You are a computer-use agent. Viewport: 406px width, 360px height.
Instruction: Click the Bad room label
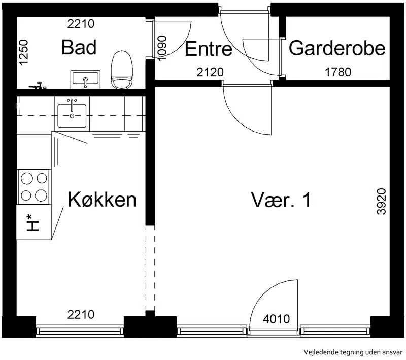tap(79, 47)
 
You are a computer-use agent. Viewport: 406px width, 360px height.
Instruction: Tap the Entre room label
tap(209, 49)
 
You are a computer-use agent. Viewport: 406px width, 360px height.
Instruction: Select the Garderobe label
tap(337, 48)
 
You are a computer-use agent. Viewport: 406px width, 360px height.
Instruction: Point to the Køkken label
tap(102, 200)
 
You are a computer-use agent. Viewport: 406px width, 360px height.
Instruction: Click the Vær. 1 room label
tap(281, 200)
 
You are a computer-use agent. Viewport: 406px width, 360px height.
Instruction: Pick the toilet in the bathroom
tap(122, 70)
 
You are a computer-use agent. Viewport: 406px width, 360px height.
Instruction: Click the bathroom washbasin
tap(85, 79)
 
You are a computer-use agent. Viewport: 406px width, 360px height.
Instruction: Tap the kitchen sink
tap(72, 114)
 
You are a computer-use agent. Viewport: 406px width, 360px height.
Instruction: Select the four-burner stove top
tap(33, 187)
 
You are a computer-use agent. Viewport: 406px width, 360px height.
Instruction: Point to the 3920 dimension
tap(382, 202)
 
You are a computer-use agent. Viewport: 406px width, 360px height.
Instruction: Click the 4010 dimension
tap(276, 319)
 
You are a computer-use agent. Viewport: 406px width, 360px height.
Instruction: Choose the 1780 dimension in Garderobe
tap(338, 72)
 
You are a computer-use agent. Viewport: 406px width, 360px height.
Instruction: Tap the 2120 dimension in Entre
tap(210, 72)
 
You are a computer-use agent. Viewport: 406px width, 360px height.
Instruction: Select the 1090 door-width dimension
tap(162, 48)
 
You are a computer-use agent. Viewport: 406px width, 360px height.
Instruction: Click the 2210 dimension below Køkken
tap(81, 315)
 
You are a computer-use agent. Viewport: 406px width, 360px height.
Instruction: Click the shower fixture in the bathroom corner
tap(38, 85)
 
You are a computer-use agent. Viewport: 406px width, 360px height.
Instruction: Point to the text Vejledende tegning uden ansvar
tap(353, 352)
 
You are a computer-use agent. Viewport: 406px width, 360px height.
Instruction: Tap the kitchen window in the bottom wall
tap(80, 331)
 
